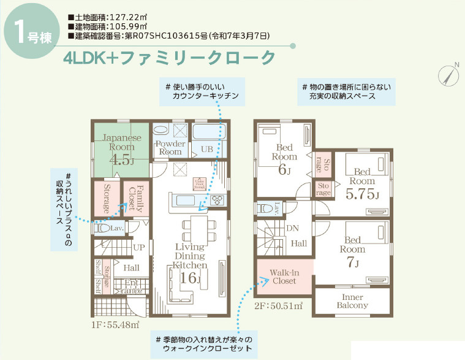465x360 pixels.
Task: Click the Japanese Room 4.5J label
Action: click(121, 149)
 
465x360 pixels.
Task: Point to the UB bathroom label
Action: click(206, 149)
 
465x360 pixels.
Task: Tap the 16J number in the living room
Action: click(190, 278)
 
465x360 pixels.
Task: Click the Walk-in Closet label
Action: click(284, 277)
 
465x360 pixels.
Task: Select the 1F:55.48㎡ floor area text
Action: click(116, 324)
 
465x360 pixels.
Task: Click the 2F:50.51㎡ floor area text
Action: click(278, 305)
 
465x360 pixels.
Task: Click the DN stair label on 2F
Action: click(292, 228)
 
